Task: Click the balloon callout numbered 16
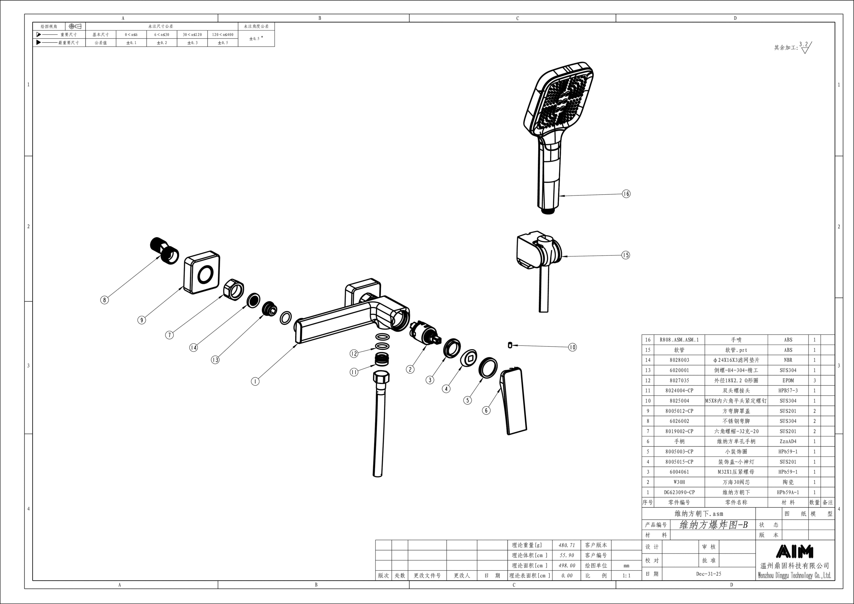pos(626,194)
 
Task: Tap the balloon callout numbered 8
pos(105,300)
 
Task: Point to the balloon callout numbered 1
pos(255,381)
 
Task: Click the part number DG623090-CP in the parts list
pos(679,492)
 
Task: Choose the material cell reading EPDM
pos(788,381)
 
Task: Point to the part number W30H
pos(679,482)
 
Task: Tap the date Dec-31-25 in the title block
pos(709,574)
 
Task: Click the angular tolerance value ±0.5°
pos(256,38)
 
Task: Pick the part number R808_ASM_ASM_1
pos(679,340)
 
